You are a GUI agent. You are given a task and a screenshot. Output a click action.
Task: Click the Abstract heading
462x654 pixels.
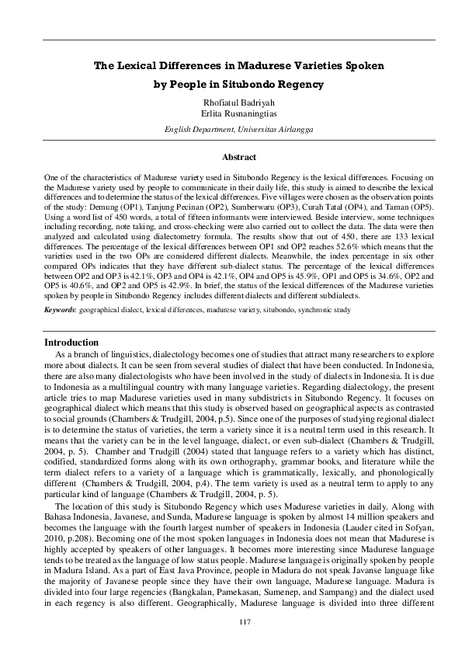(x=231, y=158)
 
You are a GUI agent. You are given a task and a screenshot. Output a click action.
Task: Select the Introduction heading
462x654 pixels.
(x=71, y=342)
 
